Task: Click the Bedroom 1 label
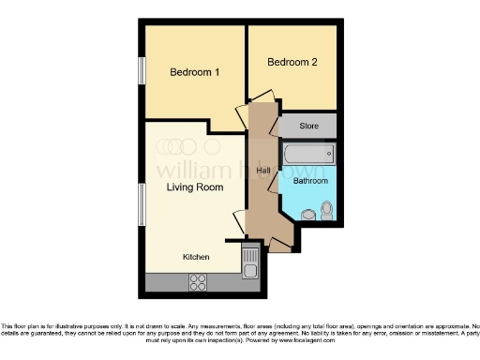pyautogui.click(x=194, y=72)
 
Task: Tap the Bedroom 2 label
pyautogui.click(x=292, y=63)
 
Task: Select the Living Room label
pyautogui.click(x=194, y=187)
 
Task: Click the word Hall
pyautogui.click(x=263, y=170)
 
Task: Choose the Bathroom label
pyautogui.click(x=309, y=180)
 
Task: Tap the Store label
pyautogui.click(x=309, y=126)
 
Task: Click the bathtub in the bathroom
pyautogui.click(x=308, y=154)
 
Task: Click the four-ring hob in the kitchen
pyautogui.click(x=199, y=279)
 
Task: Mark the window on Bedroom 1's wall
pyautogui.click(x=142, y=72)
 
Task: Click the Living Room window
pyautogui.click(x=142, y=203)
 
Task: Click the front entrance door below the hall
pyautogui.click(x=278, y=246)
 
